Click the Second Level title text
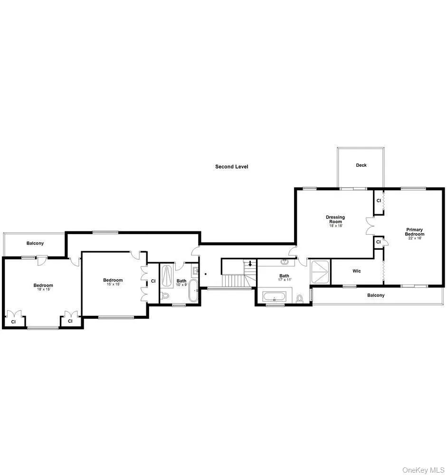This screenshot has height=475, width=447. coord(231,167)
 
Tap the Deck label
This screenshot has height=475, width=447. coord(361,165)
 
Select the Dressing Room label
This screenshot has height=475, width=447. coord(335,219)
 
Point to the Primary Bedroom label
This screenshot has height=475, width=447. coord(414,232)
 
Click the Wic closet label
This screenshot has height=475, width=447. coord(356,271)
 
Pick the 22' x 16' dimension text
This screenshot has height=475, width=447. coord(414,238)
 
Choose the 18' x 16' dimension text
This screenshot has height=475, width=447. coord(335,226)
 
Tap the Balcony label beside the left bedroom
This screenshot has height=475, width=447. coord(35,243)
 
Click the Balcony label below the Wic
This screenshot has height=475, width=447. coord(376,295)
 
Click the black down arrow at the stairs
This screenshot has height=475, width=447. coord(250,264)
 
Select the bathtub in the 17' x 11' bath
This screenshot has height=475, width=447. coord(274,298)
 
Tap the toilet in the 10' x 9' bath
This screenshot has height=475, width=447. coord(165,295)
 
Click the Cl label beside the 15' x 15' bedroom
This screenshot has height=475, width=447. coord(153,281)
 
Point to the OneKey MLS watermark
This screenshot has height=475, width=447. coord(423,470)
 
